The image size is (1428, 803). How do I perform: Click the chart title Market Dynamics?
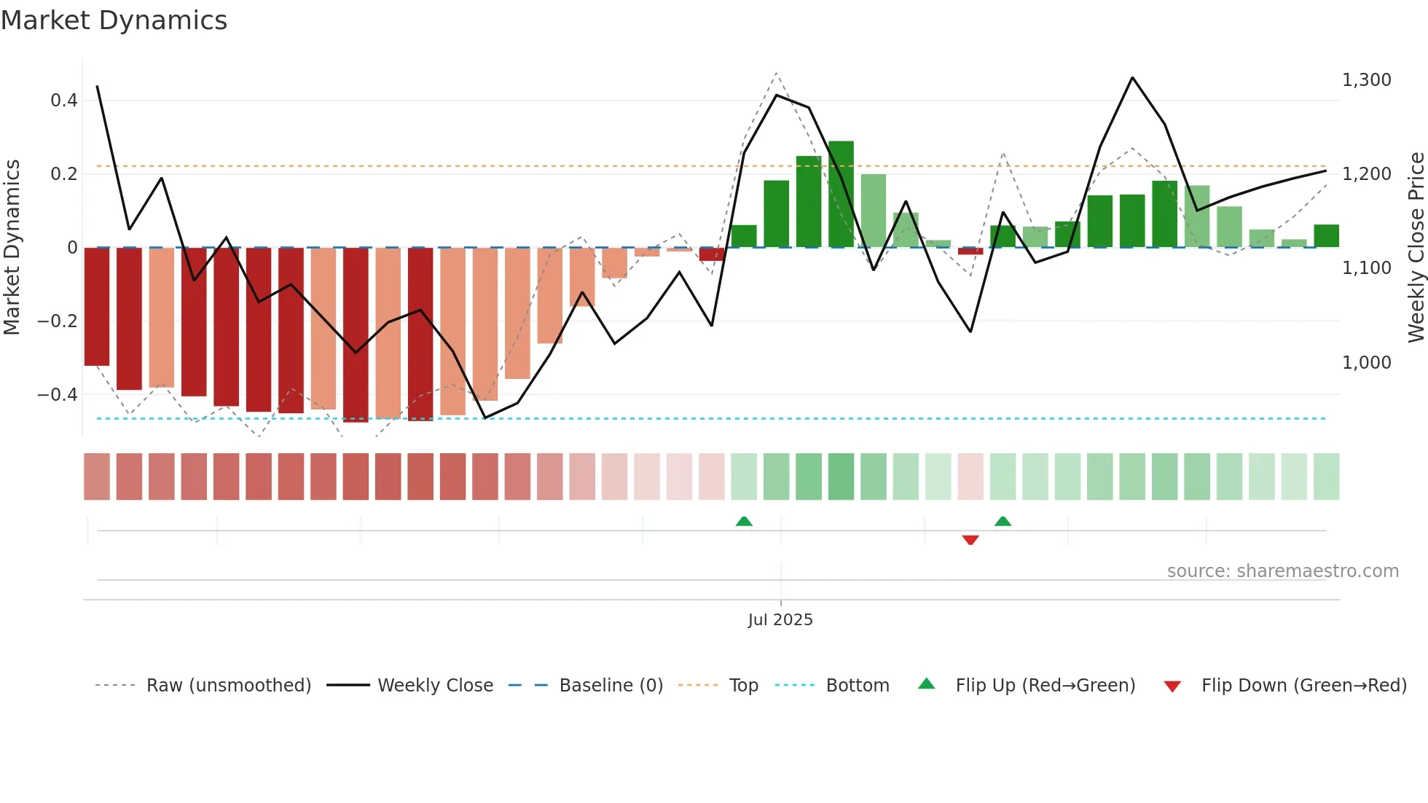tap(114, 20)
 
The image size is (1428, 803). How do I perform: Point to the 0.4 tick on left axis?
tap(64, 101)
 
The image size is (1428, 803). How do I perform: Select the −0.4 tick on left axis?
tap(58, 395)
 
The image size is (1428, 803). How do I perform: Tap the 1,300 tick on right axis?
tap(1366, 80)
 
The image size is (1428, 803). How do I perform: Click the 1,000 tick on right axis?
tap(1366, 363)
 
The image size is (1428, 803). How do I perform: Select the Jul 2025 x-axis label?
tap(780, 620)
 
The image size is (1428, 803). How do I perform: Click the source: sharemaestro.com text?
tap(1282, 571)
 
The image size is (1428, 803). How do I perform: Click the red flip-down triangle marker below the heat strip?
tap(970, 540)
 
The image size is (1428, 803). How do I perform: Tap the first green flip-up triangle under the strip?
tap(744, 521)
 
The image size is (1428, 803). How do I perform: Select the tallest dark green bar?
tap(841, 195)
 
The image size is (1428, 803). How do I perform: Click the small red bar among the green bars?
tap(970, 251)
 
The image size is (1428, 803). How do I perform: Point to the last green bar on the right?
tap(1326, 236)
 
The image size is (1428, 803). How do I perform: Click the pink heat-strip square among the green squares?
tap(970, 477)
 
